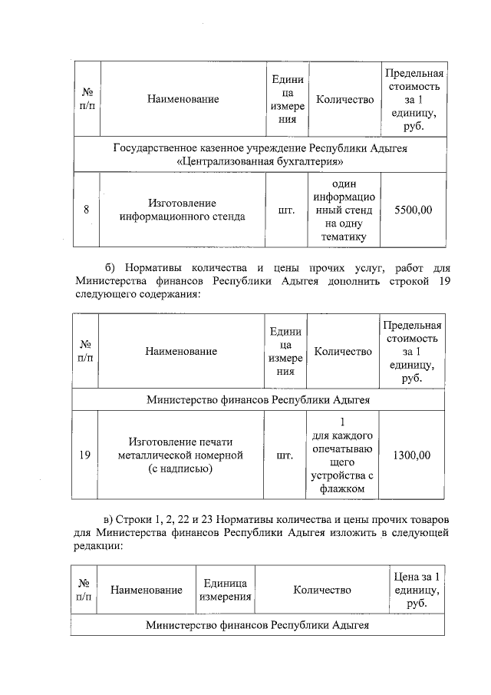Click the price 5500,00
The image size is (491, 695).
tap(413, 210)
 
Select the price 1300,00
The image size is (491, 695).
tap(411, 455)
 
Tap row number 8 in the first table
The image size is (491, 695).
tap(87, 210)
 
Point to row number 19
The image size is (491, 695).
tap(85, 455)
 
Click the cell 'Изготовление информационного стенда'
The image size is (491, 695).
tap(183, 210)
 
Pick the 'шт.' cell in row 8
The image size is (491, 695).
tap(286, 210)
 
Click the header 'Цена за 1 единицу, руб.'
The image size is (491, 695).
tap(414, 590)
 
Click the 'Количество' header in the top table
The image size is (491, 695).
tap(344, 99)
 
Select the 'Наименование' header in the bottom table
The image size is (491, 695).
tap(146, 590)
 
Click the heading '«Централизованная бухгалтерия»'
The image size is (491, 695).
tap(259, 162)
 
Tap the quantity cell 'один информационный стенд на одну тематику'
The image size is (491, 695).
tap(344, 210)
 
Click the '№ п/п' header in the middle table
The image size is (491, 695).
tap(85, 351)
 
